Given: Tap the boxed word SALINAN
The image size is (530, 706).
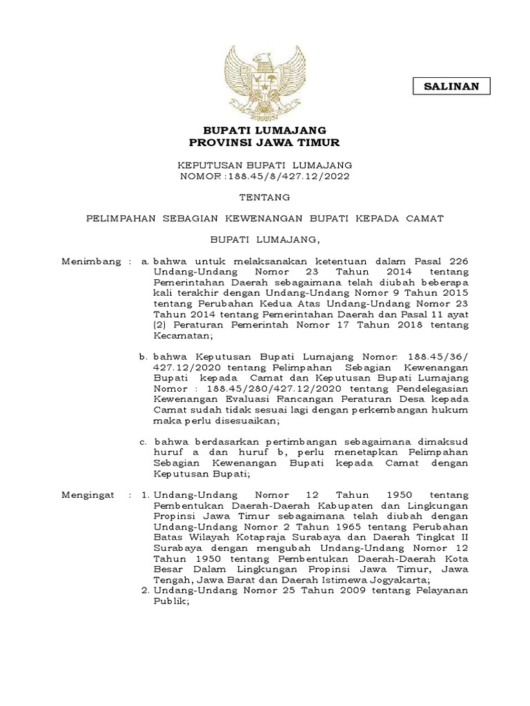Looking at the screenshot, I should pos(452,86).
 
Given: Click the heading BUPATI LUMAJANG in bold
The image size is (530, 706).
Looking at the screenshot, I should pos(264,130).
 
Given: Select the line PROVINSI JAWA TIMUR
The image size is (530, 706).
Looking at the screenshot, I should pos(264,142).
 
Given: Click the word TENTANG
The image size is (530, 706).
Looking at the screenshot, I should pos(264,197).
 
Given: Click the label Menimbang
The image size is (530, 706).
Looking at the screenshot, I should pos(86,262).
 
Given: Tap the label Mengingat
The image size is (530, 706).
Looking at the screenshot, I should pos(86,496).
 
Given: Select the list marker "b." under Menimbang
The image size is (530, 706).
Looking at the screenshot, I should pos(144,357).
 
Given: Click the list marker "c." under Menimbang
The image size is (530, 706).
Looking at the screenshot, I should pos(144,441).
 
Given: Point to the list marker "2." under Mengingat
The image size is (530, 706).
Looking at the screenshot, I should pos(145,591).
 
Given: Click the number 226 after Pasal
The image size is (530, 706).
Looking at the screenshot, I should pos(456,262).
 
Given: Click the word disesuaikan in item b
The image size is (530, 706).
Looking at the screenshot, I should pos(246,421).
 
